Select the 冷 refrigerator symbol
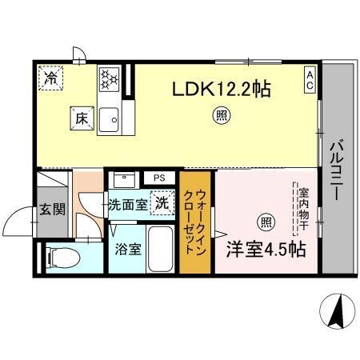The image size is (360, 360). coord(51,78)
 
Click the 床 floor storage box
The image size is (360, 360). coord(81,118)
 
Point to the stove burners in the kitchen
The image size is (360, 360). coord(109,78)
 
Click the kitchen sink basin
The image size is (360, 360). coord(109,120)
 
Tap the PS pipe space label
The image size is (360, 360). coord(159,178)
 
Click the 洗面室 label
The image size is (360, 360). coord(127,204)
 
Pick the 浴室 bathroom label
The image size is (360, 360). coord(128,248)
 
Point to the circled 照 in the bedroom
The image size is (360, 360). coord(264,221)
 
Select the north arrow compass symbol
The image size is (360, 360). coord(337,310)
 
